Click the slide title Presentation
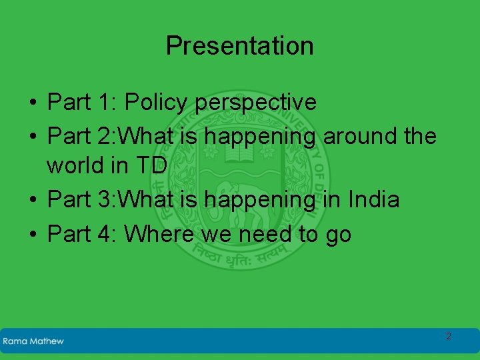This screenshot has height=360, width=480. [x=239, y=46]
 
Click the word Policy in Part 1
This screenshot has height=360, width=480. [x=158, y=103]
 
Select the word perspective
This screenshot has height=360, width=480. [x=256, y=103]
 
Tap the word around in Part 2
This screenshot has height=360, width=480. [x=360, y=136]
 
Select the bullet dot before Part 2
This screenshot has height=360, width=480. [x=32, y=137]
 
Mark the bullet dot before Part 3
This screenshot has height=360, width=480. [x=32, y=200]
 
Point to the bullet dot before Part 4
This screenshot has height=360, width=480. [x=32, y=235]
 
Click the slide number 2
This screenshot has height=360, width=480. [x=448, y=336]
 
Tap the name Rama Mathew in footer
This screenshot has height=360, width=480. [x=33, y=341]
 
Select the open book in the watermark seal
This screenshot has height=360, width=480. [x=239, y=154]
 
